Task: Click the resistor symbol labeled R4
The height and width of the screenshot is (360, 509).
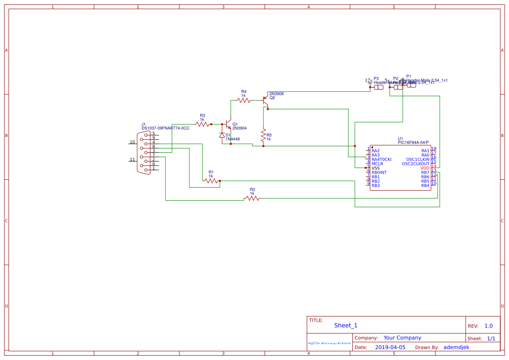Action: point(244,100)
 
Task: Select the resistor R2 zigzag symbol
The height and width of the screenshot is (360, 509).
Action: point(253,198)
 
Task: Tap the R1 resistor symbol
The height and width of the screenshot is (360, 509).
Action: point(211,181)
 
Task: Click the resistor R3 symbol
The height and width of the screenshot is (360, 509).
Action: point(202,124)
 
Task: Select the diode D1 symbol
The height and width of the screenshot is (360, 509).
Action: point(222,135)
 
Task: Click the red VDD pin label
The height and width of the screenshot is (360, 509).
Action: point(425,168)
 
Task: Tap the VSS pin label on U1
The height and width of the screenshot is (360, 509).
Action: point(376,168)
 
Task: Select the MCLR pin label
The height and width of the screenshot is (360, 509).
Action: point(377,164)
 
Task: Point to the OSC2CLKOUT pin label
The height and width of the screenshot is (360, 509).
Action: point(415,164)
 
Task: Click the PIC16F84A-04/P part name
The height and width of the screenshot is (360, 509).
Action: point(413,142)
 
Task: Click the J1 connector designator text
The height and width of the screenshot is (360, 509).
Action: point(144,124)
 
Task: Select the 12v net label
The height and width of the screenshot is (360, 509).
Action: point(368,81)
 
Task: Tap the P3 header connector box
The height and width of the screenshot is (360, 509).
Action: point(379,87)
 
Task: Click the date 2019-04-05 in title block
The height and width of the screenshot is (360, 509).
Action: point(390,347)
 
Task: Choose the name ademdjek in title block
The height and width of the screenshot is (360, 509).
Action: point(456,347)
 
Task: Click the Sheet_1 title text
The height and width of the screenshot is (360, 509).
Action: point(346,325)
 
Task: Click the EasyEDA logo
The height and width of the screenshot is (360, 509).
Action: point(330,343)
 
